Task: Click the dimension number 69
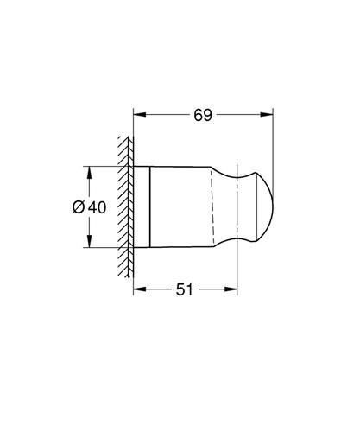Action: pyautogui.click(x=203, y=115)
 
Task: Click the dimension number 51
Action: pyautogui.click(x=185, y=289)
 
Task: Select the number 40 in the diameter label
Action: pyautogui.click(x=97, y=207)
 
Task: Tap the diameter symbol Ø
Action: pyautogui.click(x=79, y=207)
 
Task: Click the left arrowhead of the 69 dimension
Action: pyautogui.click(x=140, y=115)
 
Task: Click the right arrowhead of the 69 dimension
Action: pyautogui.click(x=267, y=115)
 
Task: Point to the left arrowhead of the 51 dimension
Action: pyautogui.click(x=140, y=289)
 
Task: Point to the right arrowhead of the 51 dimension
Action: pyautogui.click(x=231, y=289)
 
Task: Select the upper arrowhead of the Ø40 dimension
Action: pyautogui.click(x=90, y=173)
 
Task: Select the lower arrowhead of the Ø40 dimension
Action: pyautogui.click(x=90, y=241)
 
